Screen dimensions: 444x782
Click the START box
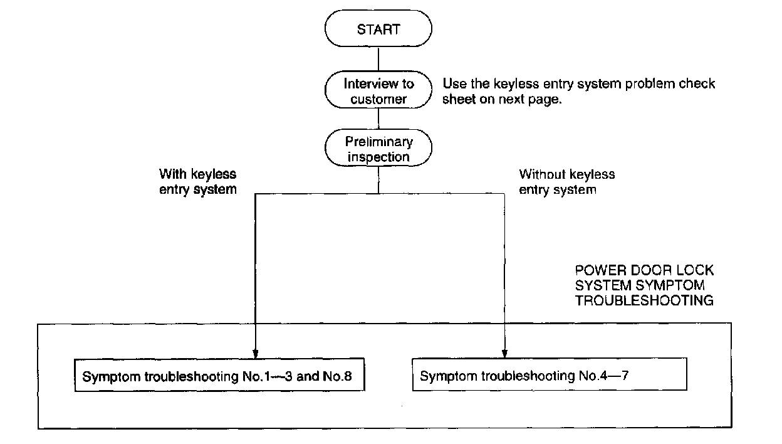coord(378,29)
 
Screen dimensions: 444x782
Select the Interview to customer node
coord(378,92)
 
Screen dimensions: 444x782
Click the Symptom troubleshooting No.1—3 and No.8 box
coord(219,377)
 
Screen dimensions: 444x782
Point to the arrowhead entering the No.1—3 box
coord(255,353)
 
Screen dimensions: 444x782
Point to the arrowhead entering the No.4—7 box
coord(504,352)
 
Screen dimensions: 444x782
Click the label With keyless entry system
coord(198,181)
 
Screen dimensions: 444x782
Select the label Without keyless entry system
coord(566,181)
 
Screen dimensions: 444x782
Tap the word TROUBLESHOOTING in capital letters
coord(644,301)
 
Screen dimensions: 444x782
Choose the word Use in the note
coord(453,84)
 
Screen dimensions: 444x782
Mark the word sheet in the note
coord(457,100)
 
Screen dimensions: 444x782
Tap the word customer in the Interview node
coord(378,100)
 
